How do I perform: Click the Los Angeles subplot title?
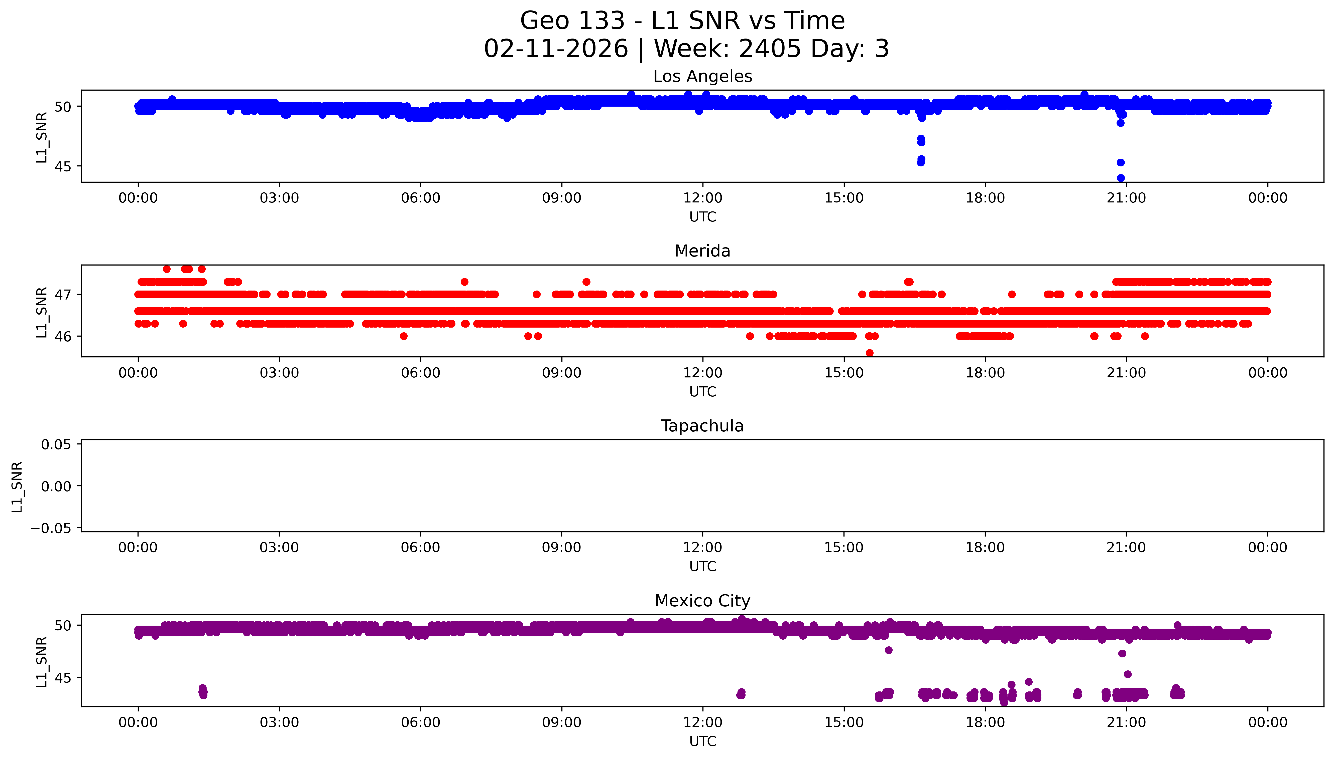[702, 77]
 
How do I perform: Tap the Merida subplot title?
[702, 251]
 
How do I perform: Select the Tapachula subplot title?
[702, 426]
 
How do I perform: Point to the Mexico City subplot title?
[702, 601]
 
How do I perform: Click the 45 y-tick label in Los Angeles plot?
[63, 167]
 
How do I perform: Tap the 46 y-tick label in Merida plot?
[63, 337]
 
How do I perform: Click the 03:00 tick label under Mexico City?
[279, 722]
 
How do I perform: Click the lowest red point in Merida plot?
[869, 353]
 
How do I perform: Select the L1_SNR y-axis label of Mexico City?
[42, 661]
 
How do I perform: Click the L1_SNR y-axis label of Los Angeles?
[42, 137]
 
